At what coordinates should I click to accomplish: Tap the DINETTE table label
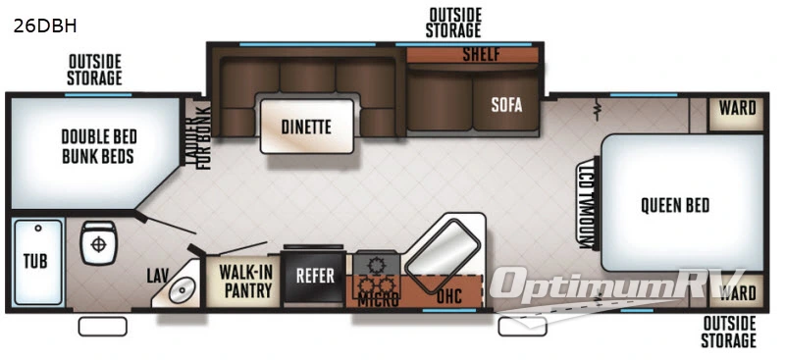point(305,127)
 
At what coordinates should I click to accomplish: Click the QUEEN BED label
point(674,205)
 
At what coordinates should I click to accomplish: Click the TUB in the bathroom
point(36,262)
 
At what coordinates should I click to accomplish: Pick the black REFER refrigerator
point(316,276)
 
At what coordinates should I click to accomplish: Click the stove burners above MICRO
point(375,265)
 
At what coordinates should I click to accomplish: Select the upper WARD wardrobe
point(737,109)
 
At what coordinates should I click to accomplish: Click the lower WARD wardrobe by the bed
point(737,292)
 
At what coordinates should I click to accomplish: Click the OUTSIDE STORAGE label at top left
point(94,70)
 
